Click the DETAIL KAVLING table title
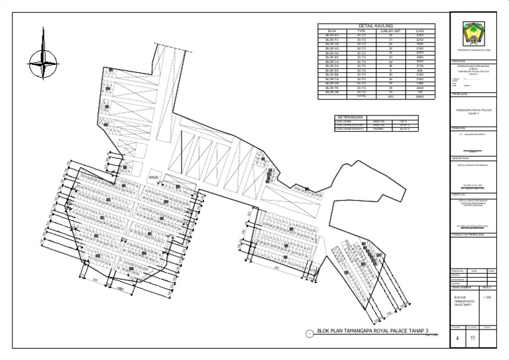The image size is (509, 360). click(x=376, y=26)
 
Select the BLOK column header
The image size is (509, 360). click(x=332, y=30)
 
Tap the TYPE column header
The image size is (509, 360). click(x=361, y=30)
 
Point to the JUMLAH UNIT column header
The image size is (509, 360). click(x=390, y=30)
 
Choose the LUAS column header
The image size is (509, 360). click(x=420, y=30)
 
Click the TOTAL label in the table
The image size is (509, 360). click(x=361, y=96)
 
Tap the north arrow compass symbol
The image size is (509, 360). click(x=44, y=65)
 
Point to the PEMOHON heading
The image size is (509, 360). click(x=457, y=129)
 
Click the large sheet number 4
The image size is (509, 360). click(x=456, y=339)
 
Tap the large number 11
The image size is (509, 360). click(x=473, y=339)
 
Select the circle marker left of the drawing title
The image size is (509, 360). click(x=310, y=334)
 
